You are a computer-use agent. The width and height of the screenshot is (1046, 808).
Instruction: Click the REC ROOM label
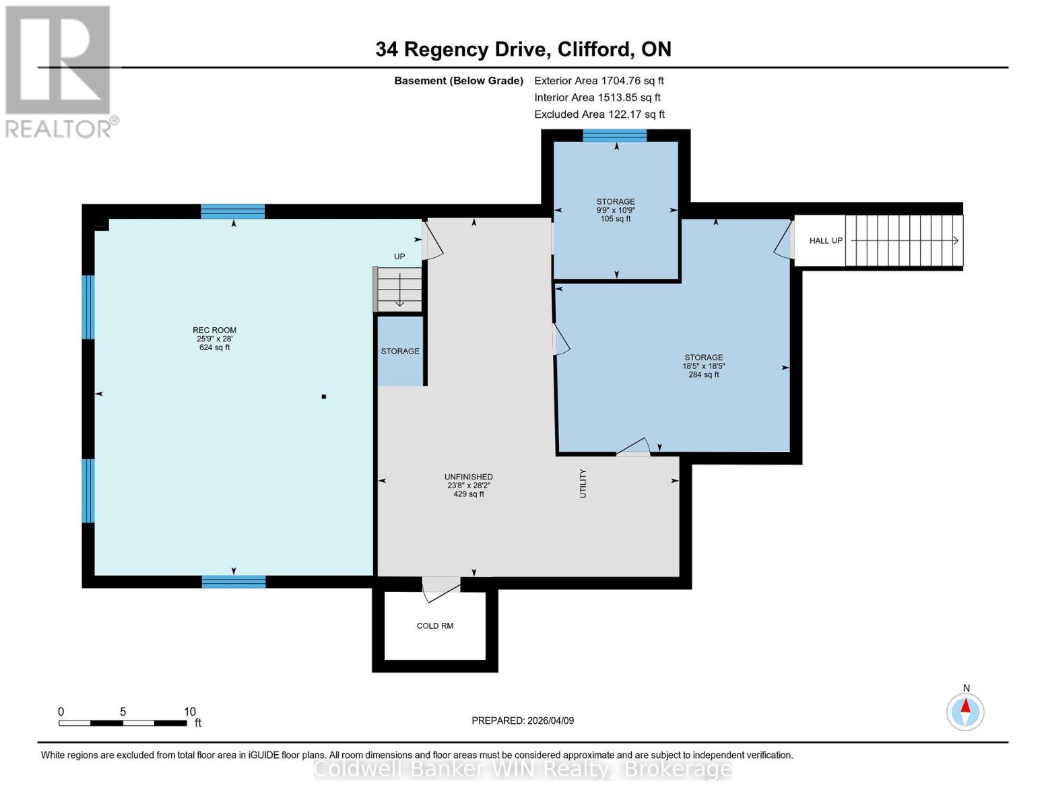click(x=214, y=330)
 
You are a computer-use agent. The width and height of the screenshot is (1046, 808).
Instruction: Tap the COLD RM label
click(x=434, y=626)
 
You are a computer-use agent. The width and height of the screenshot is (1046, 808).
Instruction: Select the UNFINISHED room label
click(x=468, y=477)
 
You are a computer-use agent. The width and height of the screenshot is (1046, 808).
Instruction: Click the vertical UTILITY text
click(x=583, y=483)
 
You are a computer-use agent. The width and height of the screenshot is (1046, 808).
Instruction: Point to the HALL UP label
click(x=826, y=240)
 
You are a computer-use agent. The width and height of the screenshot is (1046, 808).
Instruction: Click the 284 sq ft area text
click(x=703, y=375)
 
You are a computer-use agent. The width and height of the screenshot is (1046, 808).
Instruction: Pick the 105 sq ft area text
click(x=615, y=219)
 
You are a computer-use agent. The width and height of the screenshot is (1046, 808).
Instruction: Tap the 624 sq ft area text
click(x=214, y=347)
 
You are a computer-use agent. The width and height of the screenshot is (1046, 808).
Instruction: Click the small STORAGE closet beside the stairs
click(x=400, y=351)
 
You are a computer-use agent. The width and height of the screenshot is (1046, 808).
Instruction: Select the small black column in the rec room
click(x=324, y=397)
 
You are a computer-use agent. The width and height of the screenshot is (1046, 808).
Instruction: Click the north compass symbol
click(x=965, y=711)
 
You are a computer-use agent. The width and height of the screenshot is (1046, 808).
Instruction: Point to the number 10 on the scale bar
click(x=190, y=712)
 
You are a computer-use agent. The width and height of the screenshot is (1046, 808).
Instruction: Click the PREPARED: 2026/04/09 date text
click(x=523, y=720)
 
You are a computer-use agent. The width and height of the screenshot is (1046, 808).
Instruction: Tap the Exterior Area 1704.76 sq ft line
click(x=599, y=80)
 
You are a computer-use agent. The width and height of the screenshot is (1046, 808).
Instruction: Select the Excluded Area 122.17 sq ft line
click(x=599, y=114)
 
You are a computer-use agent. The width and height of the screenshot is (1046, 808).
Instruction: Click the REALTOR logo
click(x=59, y=71)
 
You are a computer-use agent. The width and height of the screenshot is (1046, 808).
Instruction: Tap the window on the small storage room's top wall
click(x=614, y=135)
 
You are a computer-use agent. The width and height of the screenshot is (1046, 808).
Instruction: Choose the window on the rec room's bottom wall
click(x=234, y=582)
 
